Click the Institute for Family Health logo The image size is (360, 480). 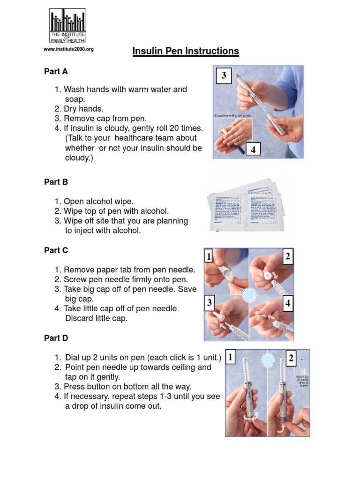[x=68, y=26]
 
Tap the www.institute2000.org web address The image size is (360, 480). [x=68, y=49]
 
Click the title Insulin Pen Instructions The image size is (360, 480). [x=186, y=51]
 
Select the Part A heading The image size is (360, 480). [x=56, y=72]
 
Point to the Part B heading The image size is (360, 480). [x=56, y=182]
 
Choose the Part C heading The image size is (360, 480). [x=56, y=250]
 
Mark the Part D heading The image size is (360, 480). [x=56, y=338]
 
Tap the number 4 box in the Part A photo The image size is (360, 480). [x=253, y=150]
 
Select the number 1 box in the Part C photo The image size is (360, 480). [x=208, y=256]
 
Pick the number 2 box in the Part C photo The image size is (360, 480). [x=287, y=256]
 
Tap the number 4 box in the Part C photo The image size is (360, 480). [x=287, y=303]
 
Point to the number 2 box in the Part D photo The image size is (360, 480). [x=291, y=359]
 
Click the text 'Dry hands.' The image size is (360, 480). [x=83, y=109]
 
